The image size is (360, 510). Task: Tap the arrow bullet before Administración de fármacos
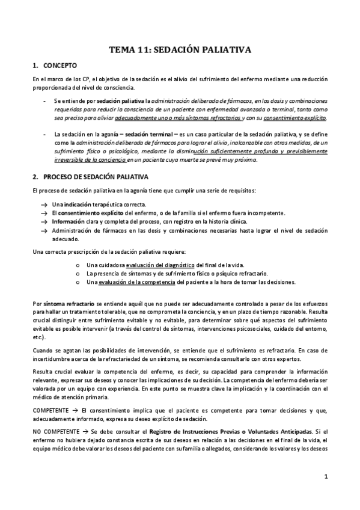[x=44, y=230]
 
